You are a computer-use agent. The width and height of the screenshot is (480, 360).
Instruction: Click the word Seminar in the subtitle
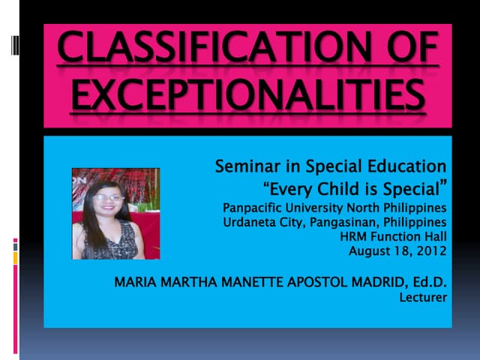point(246,166)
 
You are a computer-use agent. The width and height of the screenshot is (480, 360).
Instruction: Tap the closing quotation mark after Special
point(442,184)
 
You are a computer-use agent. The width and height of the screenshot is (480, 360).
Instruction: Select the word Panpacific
point(256,207)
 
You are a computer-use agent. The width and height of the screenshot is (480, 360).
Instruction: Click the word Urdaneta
point(252,222)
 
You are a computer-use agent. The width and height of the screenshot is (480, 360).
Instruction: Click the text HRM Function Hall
point(393,236)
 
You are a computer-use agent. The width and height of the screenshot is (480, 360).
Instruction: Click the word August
point(370,251)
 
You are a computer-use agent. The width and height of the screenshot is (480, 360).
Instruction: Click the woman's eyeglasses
point(109,197)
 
